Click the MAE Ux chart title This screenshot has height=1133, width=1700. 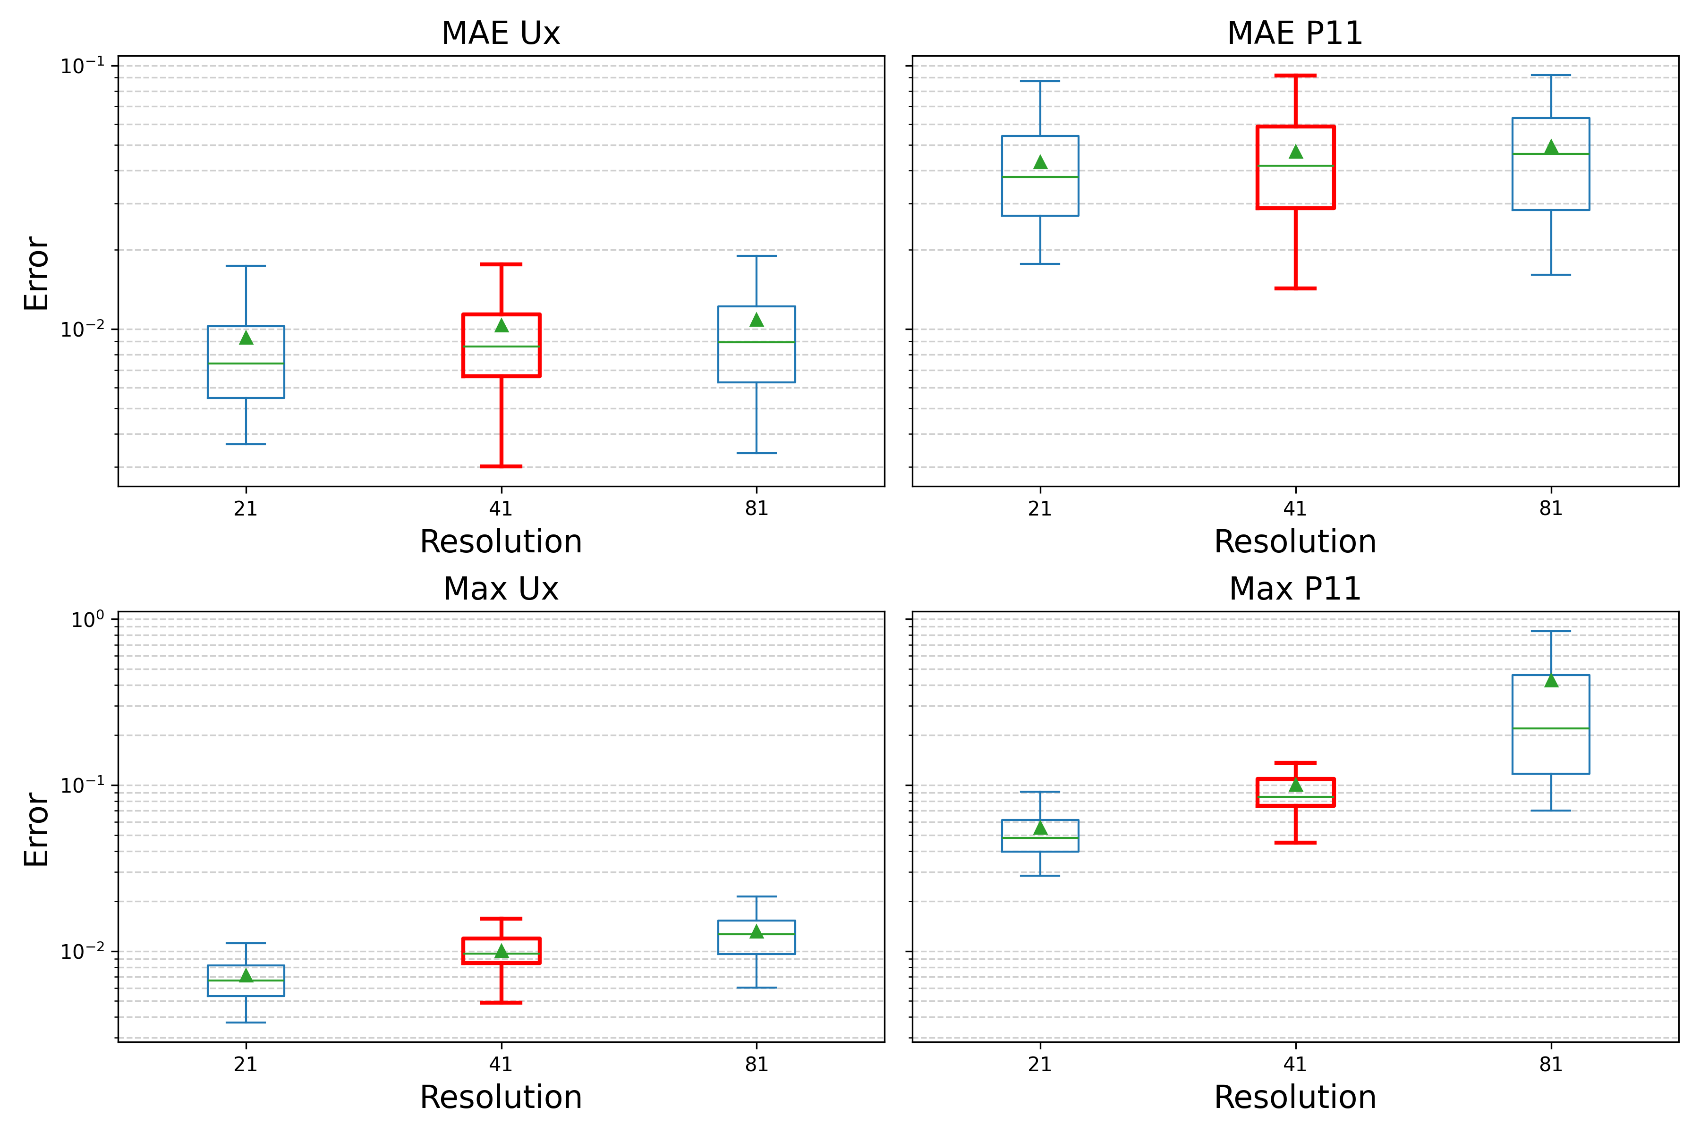[501, 33]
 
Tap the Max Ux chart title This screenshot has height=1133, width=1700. [501, 589]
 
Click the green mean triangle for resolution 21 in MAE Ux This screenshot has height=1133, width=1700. [246, 338]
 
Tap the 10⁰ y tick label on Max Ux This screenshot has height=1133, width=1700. [87, 620]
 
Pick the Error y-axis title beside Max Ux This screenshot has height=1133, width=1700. [36, 829]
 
